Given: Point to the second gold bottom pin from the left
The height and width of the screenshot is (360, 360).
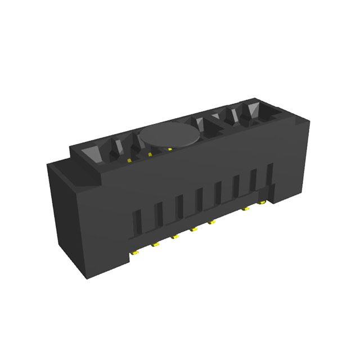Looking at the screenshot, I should pyautogui.click(x=155, y=244).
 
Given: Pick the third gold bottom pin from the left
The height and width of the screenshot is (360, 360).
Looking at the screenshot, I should pyautogui.click(x=174, y=236).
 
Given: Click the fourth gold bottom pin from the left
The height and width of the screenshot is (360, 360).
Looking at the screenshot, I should pyautogui.click(x=193, y=229).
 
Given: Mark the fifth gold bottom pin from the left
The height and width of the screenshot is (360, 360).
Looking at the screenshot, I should pyautogui.click(x=212, y=222).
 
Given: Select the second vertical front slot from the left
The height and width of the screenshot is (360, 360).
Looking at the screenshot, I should pyautogui.click(x=159, y=213).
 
